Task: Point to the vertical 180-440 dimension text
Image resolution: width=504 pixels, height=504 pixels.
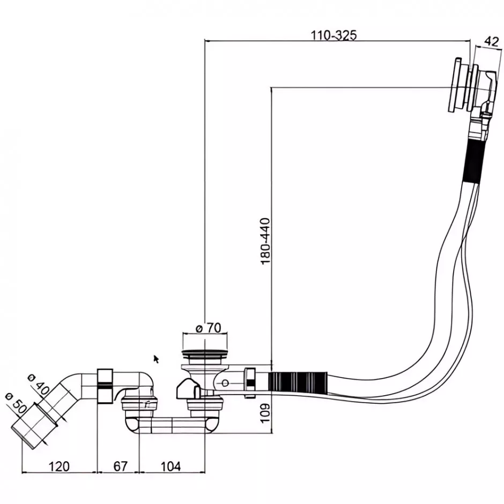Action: (x=265, y=241)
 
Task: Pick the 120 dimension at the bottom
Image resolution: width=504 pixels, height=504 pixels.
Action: (x=59, y=466)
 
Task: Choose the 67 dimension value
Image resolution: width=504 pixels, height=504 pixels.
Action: (x=121, y=466)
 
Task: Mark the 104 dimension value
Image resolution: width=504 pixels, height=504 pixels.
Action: (x=171, y=466)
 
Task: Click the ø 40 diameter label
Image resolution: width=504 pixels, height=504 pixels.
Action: (x=39, y=380)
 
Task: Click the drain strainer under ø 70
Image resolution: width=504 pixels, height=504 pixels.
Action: (x=204, y=354)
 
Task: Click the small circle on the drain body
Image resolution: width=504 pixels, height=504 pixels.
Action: (x=226, y=383)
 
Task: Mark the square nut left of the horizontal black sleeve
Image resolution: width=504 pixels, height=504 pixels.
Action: (x=250, y=382)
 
